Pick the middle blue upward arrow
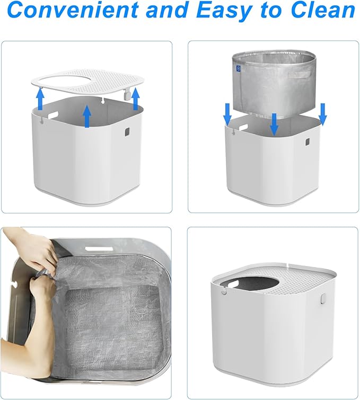(87, 117)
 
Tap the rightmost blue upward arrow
(135, 99)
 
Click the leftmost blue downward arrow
(227, 113)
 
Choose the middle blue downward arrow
(274, 123)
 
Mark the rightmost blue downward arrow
(322, 113)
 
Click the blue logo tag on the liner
(239, 68)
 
